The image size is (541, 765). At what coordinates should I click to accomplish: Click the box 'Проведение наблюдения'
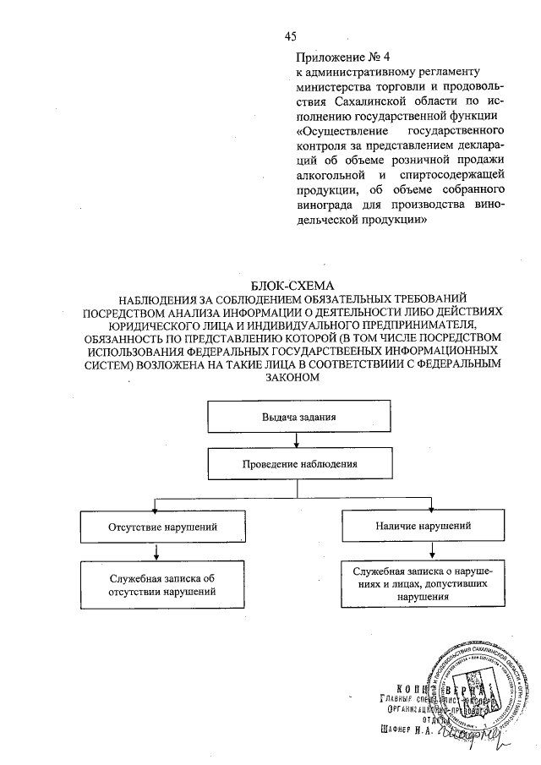tap(299, 464)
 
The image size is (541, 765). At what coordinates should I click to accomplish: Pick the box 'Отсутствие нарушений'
tap(158, 527)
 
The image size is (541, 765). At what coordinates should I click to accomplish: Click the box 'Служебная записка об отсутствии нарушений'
tap(158, 586)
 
